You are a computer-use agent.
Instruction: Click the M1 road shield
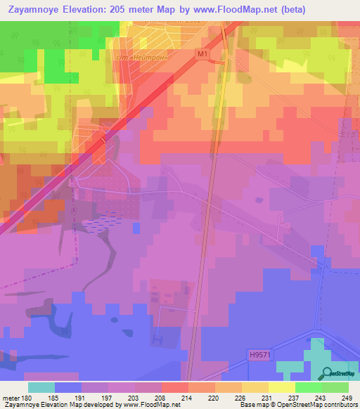click(x=203, y=53)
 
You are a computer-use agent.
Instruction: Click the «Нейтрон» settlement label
click(x=140, y=58)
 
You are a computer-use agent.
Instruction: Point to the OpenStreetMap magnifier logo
click(x=326, y=375)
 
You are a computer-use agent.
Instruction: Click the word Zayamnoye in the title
click(x=35, y=11)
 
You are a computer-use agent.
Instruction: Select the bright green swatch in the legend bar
click(x=308, y=387)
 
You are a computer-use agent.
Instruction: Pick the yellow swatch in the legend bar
click(x=281, y=387)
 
